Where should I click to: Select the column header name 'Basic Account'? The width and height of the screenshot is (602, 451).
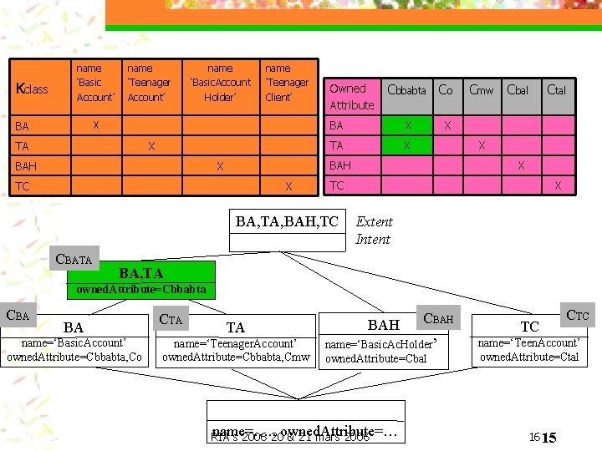point(94,83)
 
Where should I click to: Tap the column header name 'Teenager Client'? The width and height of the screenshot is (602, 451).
point(287,83)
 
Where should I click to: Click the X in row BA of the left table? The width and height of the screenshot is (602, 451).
point(96,124)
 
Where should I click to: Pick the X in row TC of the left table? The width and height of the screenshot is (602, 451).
point(288,185)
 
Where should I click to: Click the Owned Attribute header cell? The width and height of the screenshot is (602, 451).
point(351,96)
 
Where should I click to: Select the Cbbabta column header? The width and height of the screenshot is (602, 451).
point(406,90)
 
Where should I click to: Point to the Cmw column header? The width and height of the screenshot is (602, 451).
point(481,90)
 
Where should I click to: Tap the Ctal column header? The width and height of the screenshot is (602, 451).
point(556,90)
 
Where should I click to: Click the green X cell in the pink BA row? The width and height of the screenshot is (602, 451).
point(408,125)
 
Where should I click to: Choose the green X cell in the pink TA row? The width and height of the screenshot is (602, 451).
point(408,144)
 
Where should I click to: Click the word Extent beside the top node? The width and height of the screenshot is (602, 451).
point(374,222)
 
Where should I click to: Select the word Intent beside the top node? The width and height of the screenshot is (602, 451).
point(373,240)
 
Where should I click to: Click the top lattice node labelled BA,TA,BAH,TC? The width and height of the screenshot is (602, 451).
point(287,222)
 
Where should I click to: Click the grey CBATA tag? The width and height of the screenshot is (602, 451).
point(74,259)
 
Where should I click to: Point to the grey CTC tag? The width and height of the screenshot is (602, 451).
point(578,314)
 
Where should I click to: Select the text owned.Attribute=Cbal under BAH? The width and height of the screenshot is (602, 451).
point(375,359)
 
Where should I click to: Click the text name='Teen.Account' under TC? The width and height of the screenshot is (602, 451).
point(528,342)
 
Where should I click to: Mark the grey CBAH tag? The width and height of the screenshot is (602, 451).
point(438,318)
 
